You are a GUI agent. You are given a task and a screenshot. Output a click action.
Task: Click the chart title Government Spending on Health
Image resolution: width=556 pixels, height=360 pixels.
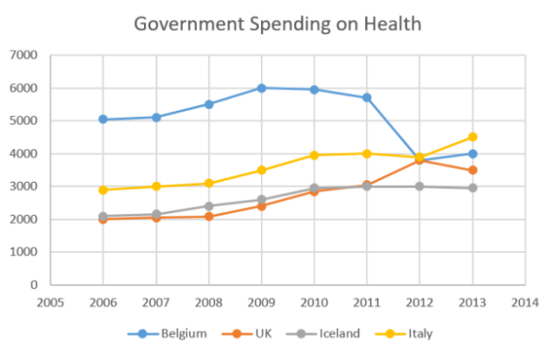(x=277, y=23)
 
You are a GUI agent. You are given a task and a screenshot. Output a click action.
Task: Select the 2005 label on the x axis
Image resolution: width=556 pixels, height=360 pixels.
(x=50, y=302)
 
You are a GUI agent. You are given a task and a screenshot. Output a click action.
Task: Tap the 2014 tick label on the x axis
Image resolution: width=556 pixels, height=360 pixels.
(x=525, y=302)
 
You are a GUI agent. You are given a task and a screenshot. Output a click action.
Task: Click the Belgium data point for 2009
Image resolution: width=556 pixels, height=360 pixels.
(x=261, y=88)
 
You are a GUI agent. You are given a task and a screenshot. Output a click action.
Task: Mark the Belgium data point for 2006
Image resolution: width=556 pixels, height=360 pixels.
(x=103, y=119)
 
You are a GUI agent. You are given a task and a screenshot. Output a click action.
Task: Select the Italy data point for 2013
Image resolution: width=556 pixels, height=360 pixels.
(x=471, y=137)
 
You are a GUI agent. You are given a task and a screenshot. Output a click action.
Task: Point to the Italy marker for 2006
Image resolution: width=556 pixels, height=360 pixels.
(x=103, y=190)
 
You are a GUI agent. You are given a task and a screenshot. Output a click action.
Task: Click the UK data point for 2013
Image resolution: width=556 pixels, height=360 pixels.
(x=471, y=170)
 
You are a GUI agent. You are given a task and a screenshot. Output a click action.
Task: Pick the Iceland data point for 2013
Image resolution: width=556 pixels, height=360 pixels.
(x=471, y=188)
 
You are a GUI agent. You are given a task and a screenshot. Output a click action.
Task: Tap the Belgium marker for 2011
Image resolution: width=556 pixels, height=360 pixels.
(x=366, y=97)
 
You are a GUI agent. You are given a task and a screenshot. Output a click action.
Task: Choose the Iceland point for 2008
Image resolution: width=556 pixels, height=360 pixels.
(x=209, y=206)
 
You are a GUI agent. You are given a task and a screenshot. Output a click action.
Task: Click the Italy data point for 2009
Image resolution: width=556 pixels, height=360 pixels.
(x=261, y=170)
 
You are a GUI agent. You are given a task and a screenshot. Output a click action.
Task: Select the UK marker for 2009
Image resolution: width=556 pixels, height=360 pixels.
(x=261, y=206)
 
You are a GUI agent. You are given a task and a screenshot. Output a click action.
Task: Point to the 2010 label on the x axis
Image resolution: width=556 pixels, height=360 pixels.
(x=314, y=302)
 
